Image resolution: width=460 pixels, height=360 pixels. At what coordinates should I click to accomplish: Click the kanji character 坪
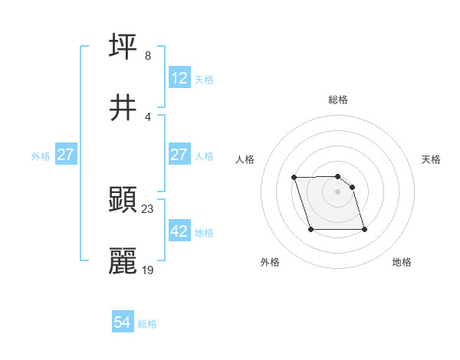pyautogui.click(x=123, y=46)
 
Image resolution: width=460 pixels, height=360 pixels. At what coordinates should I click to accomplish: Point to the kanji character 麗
pyautogui.click(x=123, y=262)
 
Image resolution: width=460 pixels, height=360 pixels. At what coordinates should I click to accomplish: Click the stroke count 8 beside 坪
pyautogui.click(x=148, y=55)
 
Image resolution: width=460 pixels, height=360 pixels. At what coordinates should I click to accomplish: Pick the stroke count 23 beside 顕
pyautogui.click(x=148, y=208)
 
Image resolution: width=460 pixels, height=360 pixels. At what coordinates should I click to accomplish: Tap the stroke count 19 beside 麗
pyautogui.click(x=148, y=270)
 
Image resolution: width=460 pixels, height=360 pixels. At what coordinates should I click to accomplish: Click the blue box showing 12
pyautogui.click(x=179, y=78)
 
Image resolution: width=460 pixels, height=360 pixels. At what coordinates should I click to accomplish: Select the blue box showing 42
pyautogui.click(x=179, y=231)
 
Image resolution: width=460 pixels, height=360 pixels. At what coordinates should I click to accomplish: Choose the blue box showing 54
pyautogui.click(x=123, y=323)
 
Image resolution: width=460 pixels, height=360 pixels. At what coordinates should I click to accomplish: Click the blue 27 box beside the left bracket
pyautogui.click(x=66, y=155)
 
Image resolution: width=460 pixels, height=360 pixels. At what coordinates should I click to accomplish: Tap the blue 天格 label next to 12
pyautogui.click(x=204, y=79)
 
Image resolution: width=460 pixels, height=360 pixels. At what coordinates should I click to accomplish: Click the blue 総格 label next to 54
pyautogui.click(x=147, y=324)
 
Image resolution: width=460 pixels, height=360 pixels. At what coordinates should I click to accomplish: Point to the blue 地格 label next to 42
pyautogui.click(x=204, y=232)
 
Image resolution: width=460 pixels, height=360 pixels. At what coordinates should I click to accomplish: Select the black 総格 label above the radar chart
pyautogui.click(x=338, y=100)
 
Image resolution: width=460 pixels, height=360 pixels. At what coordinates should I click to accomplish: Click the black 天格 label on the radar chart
pyautogui.click(x=432, y=159)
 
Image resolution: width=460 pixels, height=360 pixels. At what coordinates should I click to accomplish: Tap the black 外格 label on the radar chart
pyautogui.click(x=270, y=262)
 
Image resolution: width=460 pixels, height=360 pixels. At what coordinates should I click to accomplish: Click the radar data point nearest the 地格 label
pyautogui.click(x=364, y=229)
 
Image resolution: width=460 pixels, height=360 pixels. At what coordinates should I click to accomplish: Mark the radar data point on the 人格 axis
pyautogui.click(x=294, y=178)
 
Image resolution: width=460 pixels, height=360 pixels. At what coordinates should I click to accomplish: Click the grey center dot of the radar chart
pyautogui.click(x=338, y=191)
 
